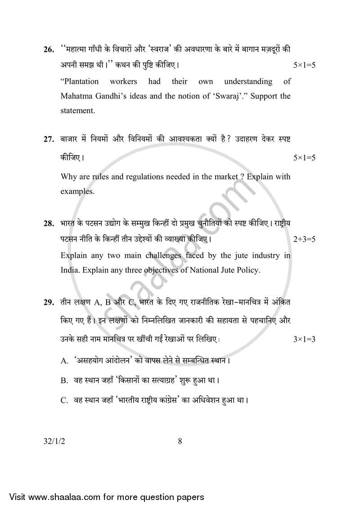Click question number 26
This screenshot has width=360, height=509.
(x=49, y=49)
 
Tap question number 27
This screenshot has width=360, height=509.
(x=49, y=139)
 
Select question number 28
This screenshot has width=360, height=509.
(x=49, y=223)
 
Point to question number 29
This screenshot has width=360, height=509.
(x=49, y=303)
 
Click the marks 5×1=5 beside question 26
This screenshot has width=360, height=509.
(x=304, y=65)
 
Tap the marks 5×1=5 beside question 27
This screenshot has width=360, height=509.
(x=304, y=158)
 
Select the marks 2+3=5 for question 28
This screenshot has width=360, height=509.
(x=304, y=239)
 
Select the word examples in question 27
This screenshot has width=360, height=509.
(x=77, y=191)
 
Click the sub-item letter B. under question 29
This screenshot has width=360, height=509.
(x=64, y=380)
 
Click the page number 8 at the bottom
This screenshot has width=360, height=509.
(x=180, y=441)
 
